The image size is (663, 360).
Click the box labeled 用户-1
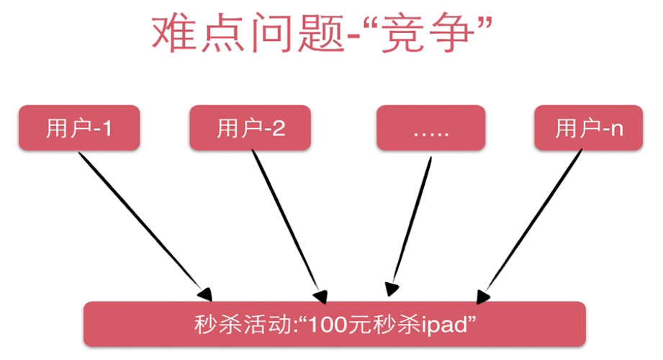click(79, 129)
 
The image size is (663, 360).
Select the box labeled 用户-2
click(250, 129)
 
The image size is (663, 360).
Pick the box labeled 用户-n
click(588, 129)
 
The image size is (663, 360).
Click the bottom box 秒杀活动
click(335, 324)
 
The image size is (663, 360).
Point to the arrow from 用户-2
click(288, 223)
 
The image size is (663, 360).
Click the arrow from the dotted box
click(410, 223)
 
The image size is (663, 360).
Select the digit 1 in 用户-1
click(107, 130)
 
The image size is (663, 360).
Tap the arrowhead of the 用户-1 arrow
click(205, 293)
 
